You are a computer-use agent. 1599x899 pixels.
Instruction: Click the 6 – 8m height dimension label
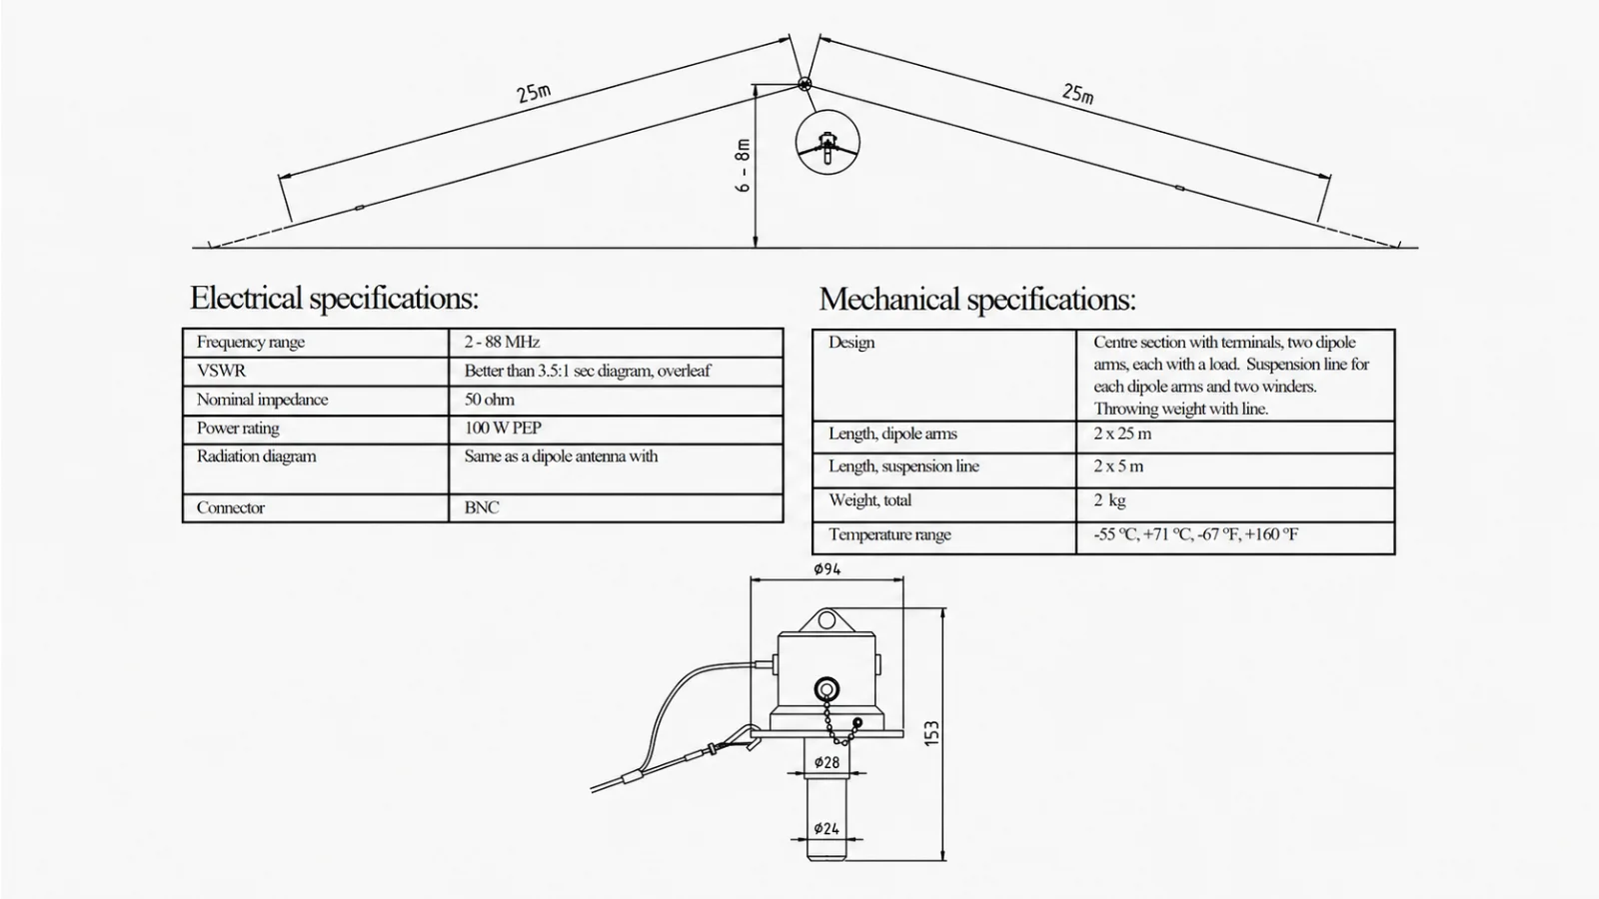pyautogui.click(x=744, y=166)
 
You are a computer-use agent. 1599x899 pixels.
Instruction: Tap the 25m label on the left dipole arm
pyautogui.click(x=534, y=93)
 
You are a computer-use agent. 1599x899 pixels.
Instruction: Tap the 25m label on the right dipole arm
pyautogui.click(x=1077, y=93)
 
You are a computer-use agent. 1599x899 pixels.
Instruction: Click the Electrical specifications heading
pyautogui.click(x=334, y=298)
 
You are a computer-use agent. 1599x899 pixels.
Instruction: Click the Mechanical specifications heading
pyautogui.click(x=977, y=299)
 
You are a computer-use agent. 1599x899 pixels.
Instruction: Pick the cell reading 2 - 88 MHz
pyautogui.click(x=502, y=342)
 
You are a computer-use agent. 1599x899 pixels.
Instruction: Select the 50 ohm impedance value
pyautogui.click(x=489, y=400)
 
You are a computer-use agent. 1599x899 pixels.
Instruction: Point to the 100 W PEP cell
pyautogui.click(x=503, y=429)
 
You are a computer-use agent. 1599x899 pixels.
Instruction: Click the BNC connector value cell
pyautogui.click(x=482, y=508)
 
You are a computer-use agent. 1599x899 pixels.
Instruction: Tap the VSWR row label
pyautogui.click(x=221, y=371)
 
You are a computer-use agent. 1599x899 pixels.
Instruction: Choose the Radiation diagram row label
pyautogui.click(x=256, y=456)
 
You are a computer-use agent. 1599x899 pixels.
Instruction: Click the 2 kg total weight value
pyautogui.click(x=1109, y=500)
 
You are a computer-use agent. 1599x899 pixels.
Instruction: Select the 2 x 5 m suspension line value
pyautogui.click(x=1118, y=466)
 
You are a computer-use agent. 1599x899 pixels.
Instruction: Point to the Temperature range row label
pyautogui.click(x=889, y=534)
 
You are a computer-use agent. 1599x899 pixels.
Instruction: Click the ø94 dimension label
pyautogui.click(x=826, y=568)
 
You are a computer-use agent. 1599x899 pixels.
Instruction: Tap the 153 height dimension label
pyautogui.click(x=932, y=733)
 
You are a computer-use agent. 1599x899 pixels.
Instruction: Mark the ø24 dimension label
pyautogui.click(x=826, y=828)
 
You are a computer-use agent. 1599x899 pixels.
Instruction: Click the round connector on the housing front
pyautogui.click(x=826, y=688)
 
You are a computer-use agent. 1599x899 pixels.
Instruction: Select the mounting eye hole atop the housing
pyautogui.click(x=826, y=619)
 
